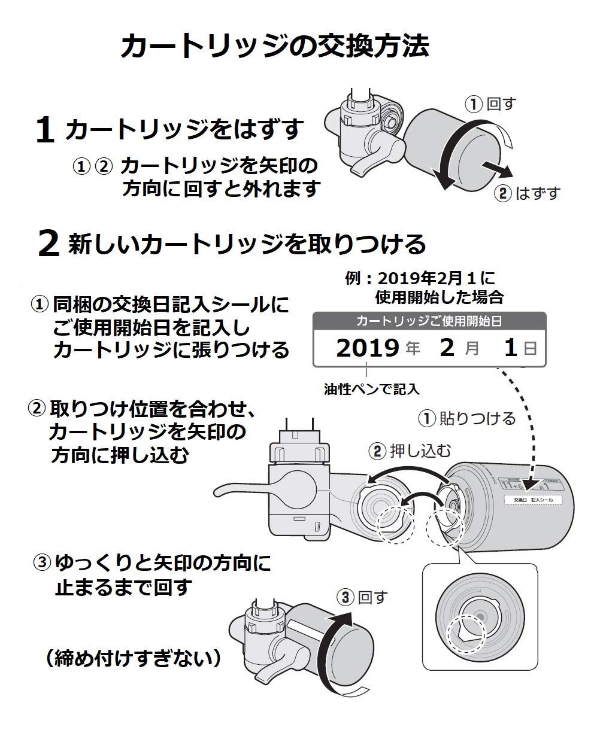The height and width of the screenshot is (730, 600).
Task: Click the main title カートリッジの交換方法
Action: click(274, 46)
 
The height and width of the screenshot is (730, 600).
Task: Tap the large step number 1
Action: click(46, 131)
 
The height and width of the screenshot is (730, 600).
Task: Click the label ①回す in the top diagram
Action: click(490, 104)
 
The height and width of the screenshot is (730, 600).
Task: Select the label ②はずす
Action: click(527, 193)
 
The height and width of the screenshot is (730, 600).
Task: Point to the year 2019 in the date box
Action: click(367, 348)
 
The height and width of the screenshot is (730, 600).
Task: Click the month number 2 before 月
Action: click(447, 348)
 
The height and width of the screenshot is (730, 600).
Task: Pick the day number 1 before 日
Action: click(510, 348)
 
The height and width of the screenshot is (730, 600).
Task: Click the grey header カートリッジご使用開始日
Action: click(429, 321)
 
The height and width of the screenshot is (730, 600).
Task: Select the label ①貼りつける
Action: click(466, 418)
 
